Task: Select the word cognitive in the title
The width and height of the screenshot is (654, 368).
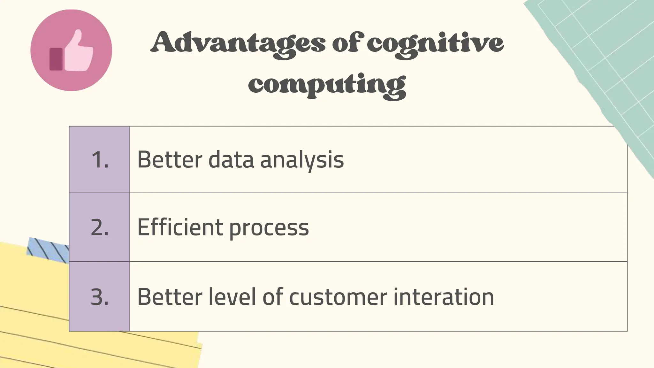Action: coord(435,43)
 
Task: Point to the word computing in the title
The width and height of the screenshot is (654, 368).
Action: coord(327,85)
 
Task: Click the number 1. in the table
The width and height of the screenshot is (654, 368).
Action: coord(100,159)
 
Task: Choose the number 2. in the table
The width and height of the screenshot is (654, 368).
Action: coord(100,227)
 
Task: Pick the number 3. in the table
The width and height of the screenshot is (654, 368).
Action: coord(100,297)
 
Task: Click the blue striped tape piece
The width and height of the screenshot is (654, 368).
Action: coord(48,250)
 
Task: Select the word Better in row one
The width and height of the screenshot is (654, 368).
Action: coord(170,159)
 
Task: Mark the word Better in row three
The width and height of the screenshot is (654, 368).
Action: coord(170,297)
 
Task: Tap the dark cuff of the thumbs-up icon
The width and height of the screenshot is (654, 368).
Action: coord(56,59)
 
